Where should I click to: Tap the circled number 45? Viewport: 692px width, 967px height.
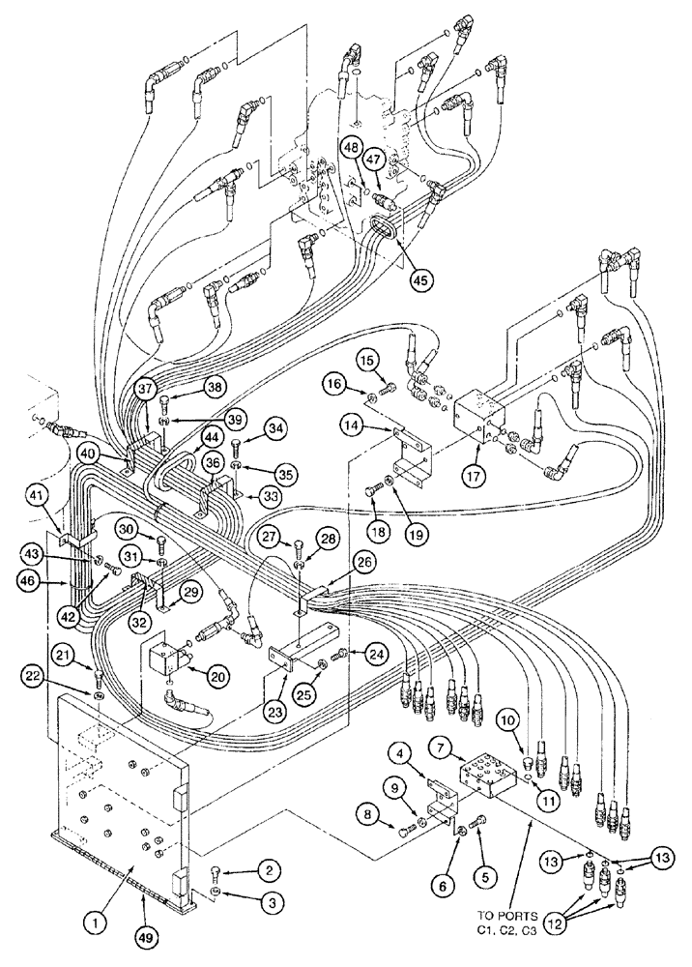(419, 279)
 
